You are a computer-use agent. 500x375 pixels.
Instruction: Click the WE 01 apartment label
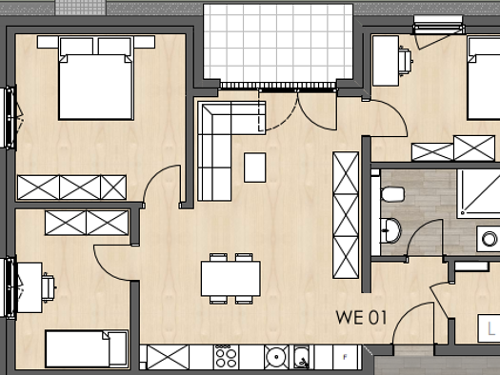pos(361,318)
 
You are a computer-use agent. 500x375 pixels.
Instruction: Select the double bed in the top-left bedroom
pos(95,84)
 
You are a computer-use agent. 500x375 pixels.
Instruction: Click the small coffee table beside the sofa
pos(254,168)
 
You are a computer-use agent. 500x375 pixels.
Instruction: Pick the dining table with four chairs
pos(230,279)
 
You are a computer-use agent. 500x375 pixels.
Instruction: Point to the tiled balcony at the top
pos(277,43)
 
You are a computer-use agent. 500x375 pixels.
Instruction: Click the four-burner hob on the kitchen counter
pos(227,357)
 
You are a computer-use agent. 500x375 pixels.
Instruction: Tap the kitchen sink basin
pos(276,357)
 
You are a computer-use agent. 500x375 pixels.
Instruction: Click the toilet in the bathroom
pos(391,194)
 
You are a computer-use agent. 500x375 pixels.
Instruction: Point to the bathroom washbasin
pos(390,229)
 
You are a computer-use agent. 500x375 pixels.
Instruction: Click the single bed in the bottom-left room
pos(86,348)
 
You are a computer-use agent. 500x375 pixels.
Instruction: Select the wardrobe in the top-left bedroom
pos(71,187)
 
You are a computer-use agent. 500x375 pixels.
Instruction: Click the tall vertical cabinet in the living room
pos(345,214)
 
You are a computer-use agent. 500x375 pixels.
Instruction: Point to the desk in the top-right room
pos(385,62)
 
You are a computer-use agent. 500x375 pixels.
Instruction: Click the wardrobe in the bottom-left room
pos(87,224)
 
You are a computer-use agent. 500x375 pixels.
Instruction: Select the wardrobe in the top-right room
pos(453,148)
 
